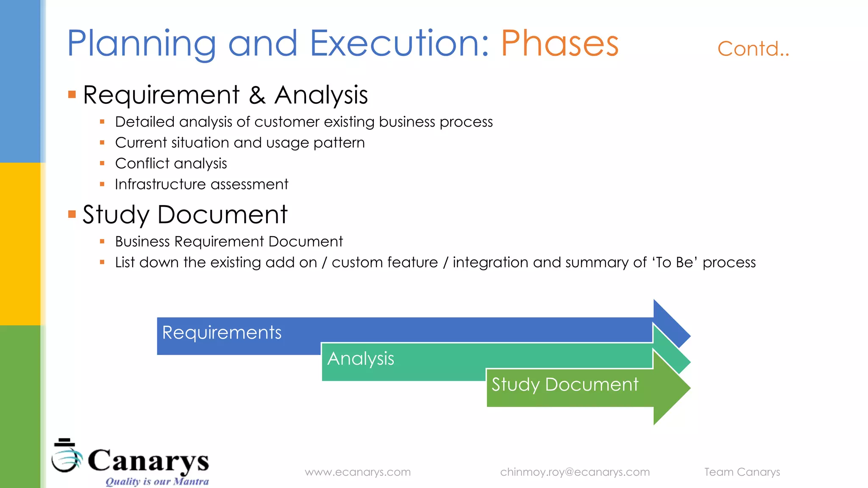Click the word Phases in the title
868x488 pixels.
559,44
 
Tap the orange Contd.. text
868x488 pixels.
753,49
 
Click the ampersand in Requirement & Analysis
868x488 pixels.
257,95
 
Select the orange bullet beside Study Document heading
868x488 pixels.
72,214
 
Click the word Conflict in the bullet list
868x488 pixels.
142,164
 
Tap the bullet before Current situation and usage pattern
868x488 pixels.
102,143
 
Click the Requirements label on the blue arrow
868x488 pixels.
222,333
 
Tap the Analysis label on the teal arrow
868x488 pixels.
361,359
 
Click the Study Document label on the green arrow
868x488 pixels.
565,385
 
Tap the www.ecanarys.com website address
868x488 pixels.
358,472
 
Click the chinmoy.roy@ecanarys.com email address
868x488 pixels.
575,472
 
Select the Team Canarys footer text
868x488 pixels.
742,472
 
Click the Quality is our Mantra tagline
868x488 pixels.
157,482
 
